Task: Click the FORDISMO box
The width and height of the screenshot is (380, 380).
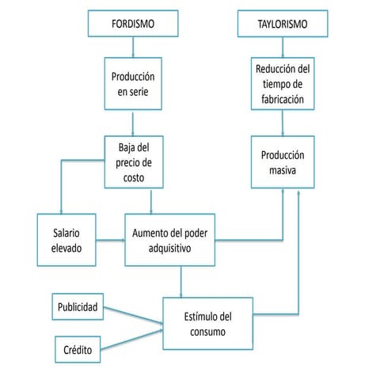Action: [133, 25]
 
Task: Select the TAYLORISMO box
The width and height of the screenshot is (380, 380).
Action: [283, 25]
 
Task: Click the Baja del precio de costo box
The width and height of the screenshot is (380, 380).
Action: [134, 161]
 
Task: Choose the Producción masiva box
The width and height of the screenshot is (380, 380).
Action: [283, 161]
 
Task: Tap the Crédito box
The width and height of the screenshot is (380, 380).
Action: [78, 349]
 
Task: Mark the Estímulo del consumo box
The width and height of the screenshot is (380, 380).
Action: [207, 325]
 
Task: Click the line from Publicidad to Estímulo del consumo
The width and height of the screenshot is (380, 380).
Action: [133, 314]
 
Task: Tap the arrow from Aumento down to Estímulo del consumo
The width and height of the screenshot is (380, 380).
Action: [181, 281]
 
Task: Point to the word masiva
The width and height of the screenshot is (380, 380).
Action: [283, 169]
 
